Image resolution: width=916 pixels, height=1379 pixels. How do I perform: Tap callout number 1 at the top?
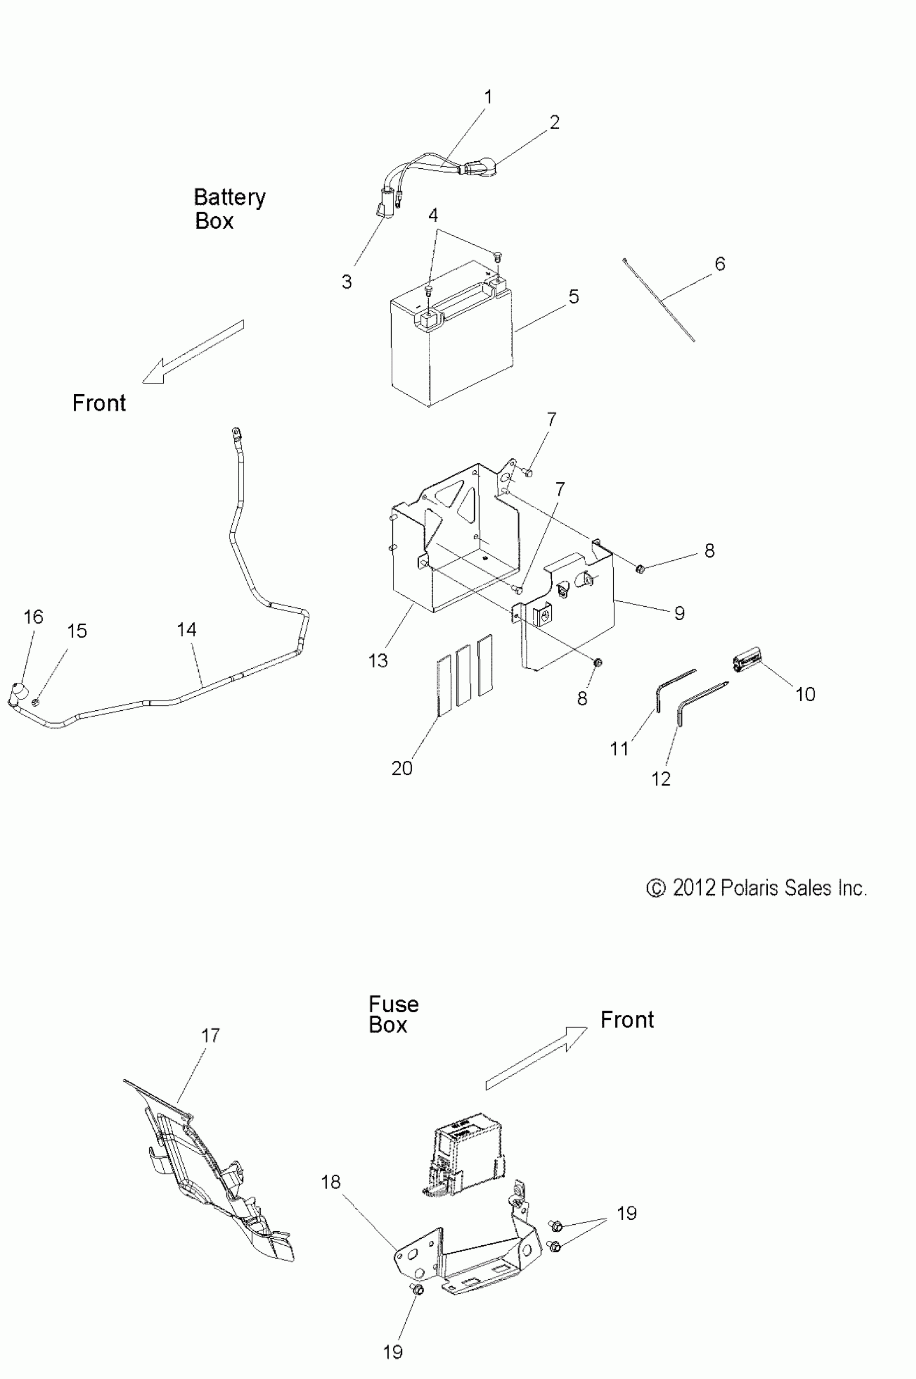click(488, 97)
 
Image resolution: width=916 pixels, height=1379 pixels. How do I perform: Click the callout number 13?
click(378, 661)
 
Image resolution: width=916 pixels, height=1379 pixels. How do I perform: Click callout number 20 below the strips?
click(402, 768)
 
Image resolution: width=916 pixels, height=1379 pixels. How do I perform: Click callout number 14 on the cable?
click(186, 629)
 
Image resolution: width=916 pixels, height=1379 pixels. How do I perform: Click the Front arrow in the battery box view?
click(193, 352)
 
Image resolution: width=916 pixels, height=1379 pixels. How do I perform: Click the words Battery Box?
click(228, 209)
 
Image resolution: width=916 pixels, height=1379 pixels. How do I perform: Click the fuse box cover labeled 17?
click(210, 1175)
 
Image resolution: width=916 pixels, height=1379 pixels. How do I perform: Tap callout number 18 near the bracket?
click(331, 1182)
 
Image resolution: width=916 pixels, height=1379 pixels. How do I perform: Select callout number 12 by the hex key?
click(661, 779)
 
